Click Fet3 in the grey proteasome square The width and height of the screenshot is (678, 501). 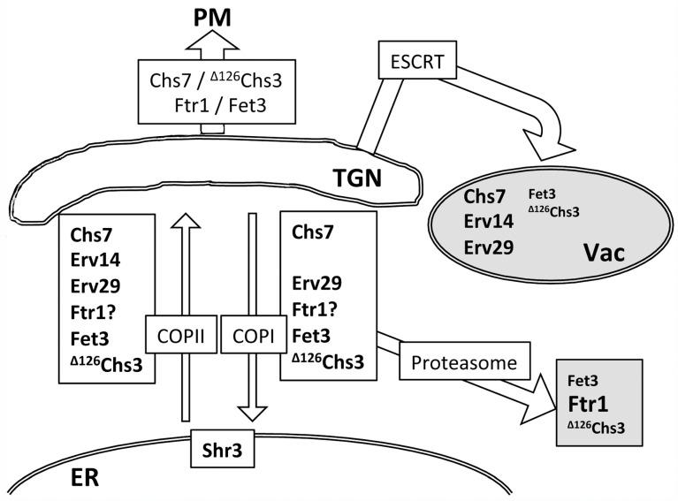click(x=585, y=382)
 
